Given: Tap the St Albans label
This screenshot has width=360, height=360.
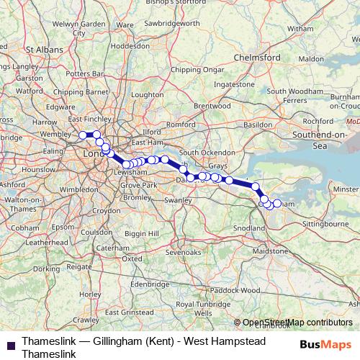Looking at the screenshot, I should pos(41,50).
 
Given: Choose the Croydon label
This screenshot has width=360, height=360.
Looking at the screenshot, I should pos(106,211).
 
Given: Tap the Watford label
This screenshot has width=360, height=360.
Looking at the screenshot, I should pos(29,91).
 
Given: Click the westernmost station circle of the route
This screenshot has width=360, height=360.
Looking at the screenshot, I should pos(83,135).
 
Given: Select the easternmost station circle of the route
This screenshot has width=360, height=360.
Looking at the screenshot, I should pos(277,204).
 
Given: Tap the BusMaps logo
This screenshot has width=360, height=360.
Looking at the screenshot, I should pos(325,344).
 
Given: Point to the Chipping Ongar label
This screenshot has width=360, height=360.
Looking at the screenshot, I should pos(195,70).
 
